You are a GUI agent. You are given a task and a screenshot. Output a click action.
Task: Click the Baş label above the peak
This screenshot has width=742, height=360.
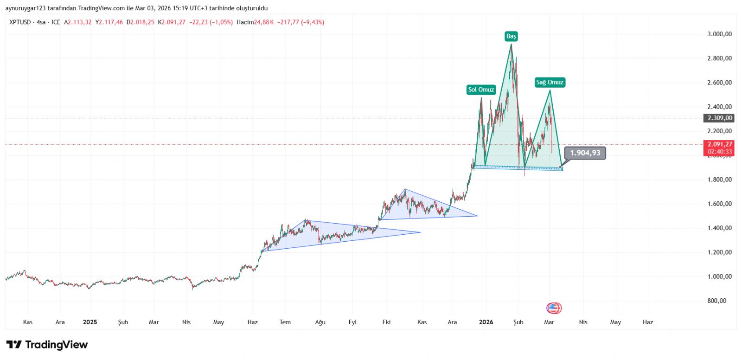coord(511,36)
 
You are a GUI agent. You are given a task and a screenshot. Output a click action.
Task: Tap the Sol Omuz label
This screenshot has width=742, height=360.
coord(481,90)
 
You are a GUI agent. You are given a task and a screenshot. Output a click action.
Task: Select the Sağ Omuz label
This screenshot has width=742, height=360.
coord(550,83)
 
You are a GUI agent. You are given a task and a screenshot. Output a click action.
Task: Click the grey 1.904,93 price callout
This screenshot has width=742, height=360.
coord(585,153)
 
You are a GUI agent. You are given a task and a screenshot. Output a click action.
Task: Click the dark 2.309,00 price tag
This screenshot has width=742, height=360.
coord(719,118)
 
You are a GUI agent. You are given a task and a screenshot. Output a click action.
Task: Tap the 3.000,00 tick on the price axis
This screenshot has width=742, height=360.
coord(719,34)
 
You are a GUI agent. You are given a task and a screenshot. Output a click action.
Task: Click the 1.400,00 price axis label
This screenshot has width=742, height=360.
coord(719,228)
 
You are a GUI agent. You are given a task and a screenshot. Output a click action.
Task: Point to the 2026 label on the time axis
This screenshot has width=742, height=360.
coord(486,322)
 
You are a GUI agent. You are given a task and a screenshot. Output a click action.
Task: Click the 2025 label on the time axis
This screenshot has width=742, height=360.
coord(90,322)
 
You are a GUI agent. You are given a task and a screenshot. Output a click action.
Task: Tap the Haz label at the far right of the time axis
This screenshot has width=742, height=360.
coord(648,322)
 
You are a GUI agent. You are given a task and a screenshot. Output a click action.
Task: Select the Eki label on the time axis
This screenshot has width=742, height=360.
coord(386,322)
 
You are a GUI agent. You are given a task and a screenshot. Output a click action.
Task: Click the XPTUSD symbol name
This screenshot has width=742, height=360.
coord(20,22)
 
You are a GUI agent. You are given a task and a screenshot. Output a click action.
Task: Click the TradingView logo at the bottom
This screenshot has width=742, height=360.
coord(47,345)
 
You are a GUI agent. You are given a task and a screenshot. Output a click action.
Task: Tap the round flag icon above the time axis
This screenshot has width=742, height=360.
coord(554,308)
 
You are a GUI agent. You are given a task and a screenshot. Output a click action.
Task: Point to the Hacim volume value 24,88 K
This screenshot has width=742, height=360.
coord(265,22)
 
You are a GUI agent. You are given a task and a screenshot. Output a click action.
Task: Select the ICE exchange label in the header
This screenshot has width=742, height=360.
coord(56,22)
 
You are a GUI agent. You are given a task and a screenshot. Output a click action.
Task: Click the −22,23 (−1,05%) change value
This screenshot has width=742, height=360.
coord(211,22)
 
